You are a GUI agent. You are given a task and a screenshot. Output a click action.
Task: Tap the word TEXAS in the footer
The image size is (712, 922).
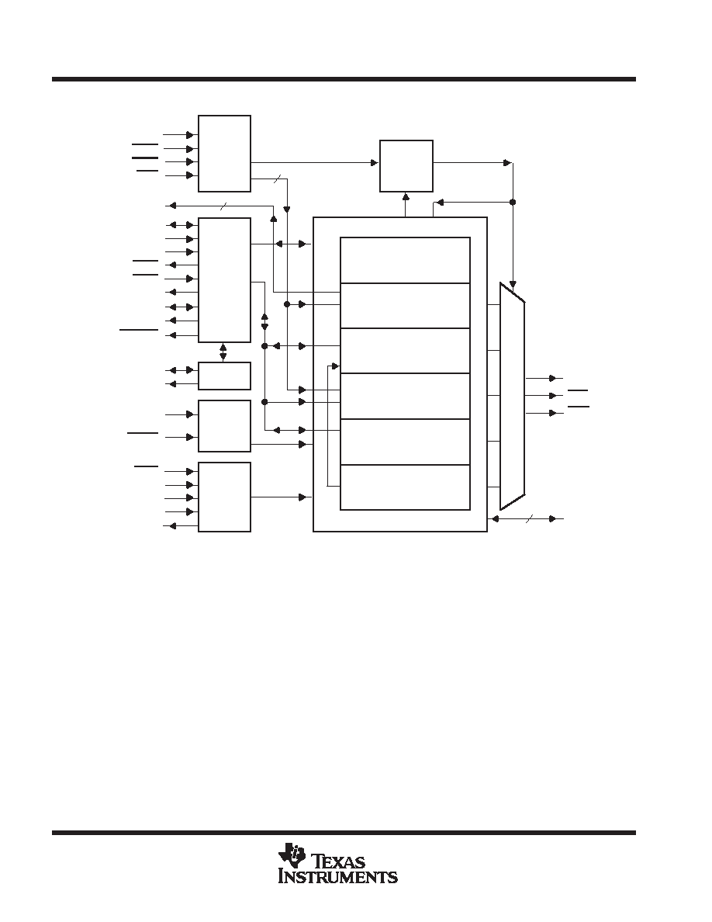coord(340,862)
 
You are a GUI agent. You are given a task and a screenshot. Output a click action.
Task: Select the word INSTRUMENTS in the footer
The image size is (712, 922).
coord(338,877)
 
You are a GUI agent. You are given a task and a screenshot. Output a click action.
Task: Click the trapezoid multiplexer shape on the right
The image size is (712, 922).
coord(512,397)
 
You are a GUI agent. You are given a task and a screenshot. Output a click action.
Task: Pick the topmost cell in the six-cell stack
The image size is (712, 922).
coord(406,260)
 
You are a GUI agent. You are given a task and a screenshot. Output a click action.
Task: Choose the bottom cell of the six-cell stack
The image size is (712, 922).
coord(406,487)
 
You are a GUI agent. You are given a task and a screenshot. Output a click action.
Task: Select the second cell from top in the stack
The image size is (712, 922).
coord(406,306)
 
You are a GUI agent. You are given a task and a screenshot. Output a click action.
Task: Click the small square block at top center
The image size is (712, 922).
coord(406,166)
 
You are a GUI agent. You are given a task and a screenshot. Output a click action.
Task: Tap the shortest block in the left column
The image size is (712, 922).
coord(224,376)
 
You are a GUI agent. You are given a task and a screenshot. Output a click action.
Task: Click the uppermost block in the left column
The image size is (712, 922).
coord(224,154)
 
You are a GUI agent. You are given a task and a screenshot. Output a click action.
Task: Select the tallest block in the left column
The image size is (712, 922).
coord(224,280)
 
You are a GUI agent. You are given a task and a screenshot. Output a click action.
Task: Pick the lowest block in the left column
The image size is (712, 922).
coord(224,497)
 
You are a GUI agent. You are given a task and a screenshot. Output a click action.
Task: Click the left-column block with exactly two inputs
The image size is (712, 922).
coord(224,426)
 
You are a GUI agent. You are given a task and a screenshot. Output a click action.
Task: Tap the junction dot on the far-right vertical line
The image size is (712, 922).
coord(513,202)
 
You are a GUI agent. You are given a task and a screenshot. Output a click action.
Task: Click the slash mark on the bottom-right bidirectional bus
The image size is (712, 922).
coord(529,518)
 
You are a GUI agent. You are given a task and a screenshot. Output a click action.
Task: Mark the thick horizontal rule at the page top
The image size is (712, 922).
coord(344,79)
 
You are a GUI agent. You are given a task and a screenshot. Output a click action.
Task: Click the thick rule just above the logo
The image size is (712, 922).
coord(344,833)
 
